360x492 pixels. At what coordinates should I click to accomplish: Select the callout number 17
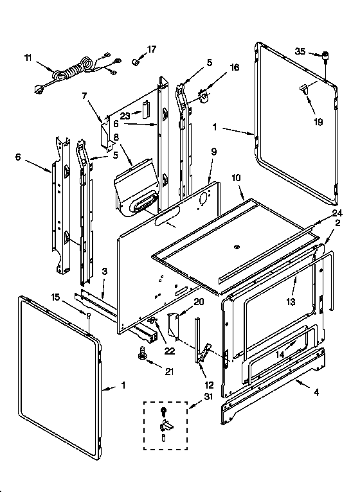[x=152, y=49]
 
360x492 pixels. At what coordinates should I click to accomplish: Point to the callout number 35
[x=299, y=52]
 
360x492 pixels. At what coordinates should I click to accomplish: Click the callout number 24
[x=337, y=213]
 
